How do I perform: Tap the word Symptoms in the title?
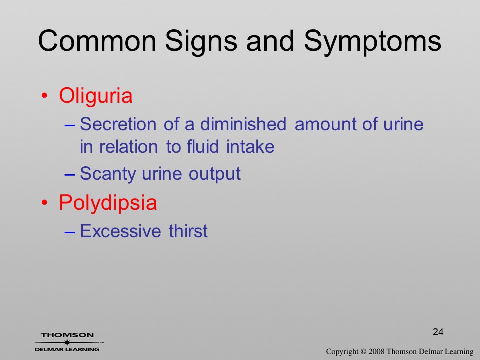coord(372,43)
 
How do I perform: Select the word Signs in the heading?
coord(201,43)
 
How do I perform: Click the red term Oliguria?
coord(96,96)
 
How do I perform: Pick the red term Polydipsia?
coord(108,203)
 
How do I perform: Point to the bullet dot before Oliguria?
coord(44,96)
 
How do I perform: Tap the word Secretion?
coord(118,124)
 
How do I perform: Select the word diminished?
coord(243,124)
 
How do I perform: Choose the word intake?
coord(250,146)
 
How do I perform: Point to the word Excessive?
coord(120,231)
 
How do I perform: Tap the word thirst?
coord(188,231)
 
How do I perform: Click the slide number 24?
coord(438,332)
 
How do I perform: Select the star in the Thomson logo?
coord(67,342)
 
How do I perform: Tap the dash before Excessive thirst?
coord(70,232)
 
